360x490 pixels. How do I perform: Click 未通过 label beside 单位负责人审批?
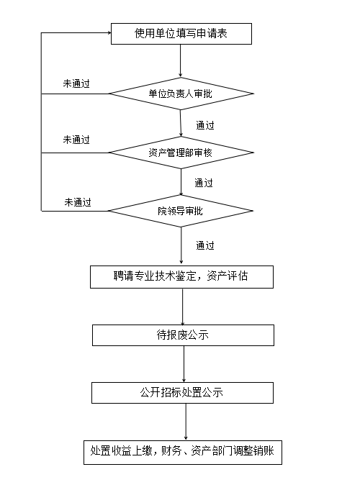point(76,83)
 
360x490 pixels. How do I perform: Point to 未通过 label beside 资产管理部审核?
point(76,140)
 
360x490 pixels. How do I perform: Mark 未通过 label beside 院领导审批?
point(78,202)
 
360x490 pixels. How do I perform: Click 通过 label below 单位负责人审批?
point(205,125)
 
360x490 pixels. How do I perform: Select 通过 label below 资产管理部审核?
point(204,183)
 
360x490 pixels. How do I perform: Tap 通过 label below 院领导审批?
point(205,245)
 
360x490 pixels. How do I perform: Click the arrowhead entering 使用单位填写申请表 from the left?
point(109,32)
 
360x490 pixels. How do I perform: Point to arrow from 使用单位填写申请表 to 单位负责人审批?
point(181,60)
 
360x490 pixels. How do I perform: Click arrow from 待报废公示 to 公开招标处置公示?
point(184,364)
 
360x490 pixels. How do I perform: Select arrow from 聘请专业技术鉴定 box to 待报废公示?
point(183,307)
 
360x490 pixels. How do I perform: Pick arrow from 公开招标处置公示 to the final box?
point(186,422)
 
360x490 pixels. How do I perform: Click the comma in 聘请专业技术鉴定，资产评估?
point(200,278)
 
